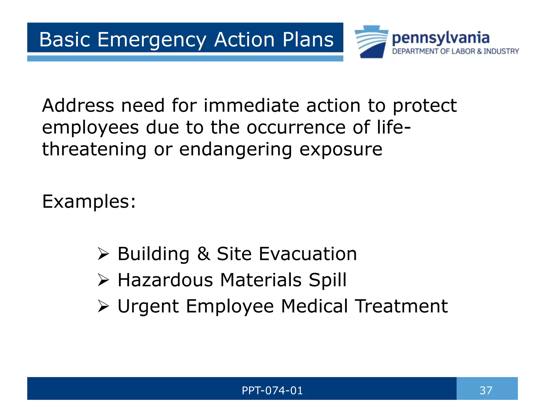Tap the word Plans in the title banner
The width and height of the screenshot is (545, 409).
[x=308, y=39]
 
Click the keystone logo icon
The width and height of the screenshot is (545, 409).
[x=371, y=42]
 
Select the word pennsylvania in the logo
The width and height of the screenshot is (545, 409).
[x=441, y=38]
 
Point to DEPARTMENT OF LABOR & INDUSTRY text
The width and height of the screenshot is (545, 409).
[x=455, y=51]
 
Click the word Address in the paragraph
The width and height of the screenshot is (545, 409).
[x=78, y=105]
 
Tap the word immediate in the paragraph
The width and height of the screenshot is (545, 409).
[x=251, y=105]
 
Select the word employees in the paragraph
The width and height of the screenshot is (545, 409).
[x=90, y=128]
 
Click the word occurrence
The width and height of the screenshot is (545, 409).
[x=296, y=127]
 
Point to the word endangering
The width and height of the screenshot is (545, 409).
[x=236, y=149]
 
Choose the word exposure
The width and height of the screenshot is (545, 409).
[x=341, y=149]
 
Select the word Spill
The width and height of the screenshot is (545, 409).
[x=328, y=280]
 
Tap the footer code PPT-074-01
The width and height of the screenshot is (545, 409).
[x=272, y=390]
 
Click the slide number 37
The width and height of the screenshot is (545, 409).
[x=486, y=390]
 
